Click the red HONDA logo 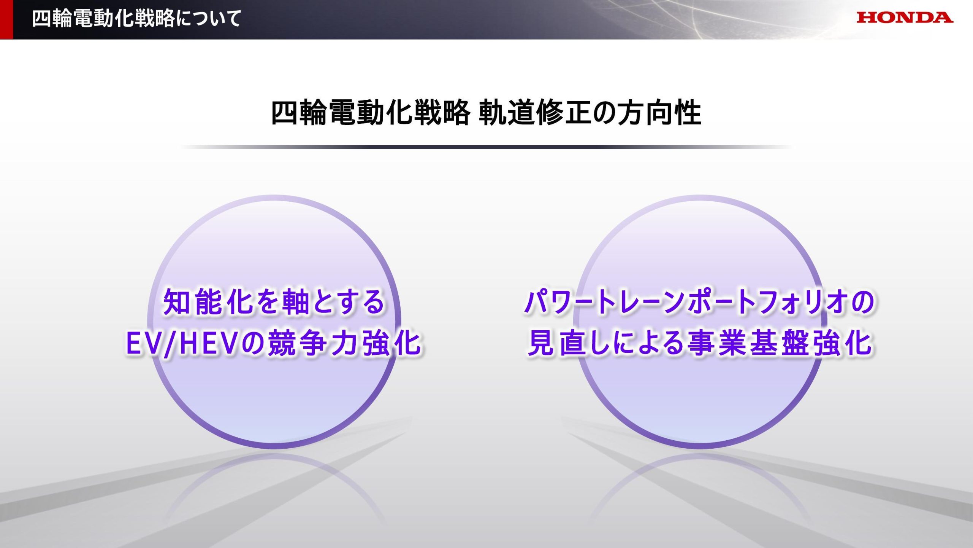tap(905, 18)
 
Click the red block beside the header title tap(6, 19)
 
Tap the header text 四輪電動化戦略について tap(136, 19)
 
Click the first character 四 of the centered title tap(285, 113)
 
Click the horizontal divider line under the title tap(486, 147)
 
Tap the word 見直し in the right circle tap(569, 343)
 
